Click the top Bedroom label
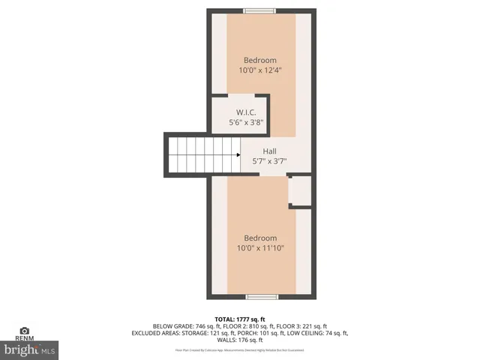point(260,60)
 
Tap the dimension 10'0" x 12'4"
point(260,71)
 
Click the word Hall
point(269,151)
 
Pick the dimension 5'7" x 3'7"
point(269,160)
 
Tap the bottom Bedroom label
point(260,238)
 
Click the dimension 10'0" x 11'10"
point(260,248)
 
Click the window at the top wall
point(259,10)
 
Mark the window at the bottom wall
point(262,297)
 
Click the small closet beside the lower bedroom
point(299,190)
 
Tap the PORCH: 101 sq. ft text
point(256,333)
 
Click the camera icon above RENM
point(25,330)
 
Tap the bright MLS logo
point(30,349)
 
